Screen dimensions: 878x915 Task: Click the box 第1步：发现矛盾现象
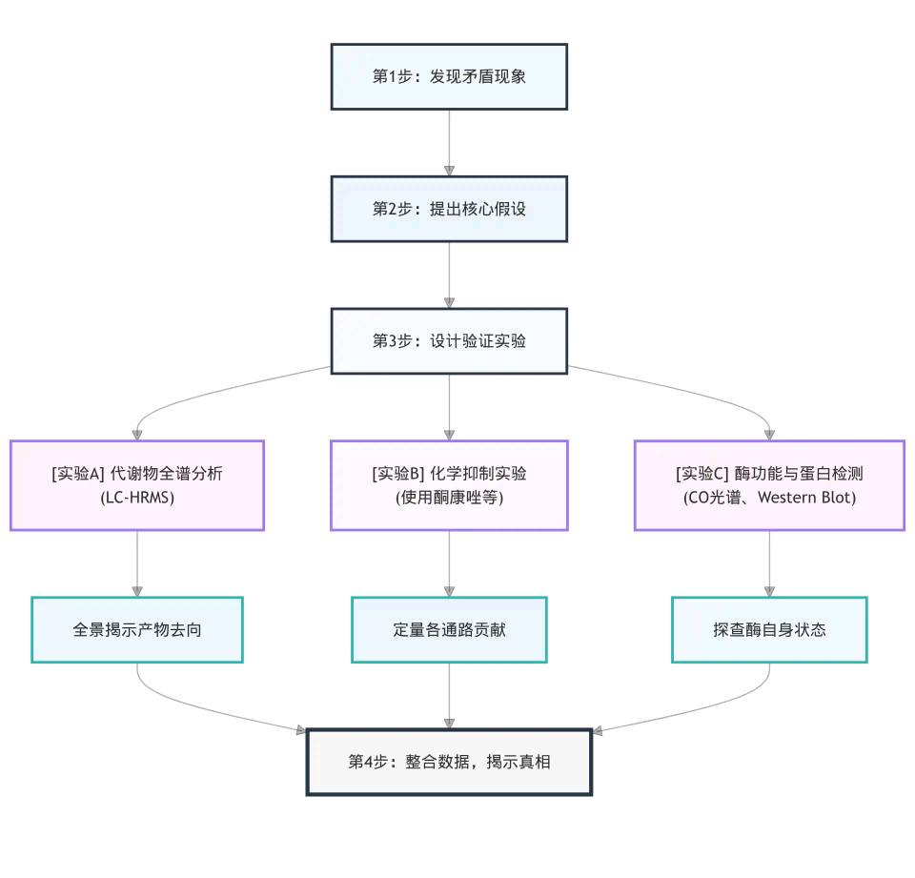click(x=449, y=76)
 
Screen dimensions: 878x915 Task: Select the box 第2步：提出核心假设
click(x=449, y=209)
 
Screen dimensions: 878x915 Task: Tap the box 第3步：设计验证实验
click(x=449, y=340)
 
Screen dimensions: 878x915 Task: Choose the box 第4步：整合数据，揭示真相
click(x=449, y=762)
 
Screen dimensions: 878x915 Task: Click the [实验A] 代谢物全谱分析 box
click(x=137, y=484)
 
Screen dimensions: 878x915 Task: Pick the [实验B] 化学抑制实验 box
click(x=449, y=484)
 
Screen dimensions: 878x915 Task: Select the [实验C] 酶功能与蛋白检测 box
click(x=769, y=484)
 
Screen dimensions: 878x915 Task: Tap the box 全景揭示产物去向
click(x=137, y=629)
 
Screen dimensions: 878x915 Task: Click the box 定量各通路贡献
click(x=449, y=629)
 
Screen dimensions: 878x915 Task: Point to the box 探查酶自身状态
click(x=769, y=629)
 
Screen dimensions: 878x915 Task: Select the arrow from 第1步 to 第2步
click(x=449, y=142)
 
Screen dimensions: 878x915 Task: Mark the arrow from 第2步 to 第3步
click(x=449, y=275)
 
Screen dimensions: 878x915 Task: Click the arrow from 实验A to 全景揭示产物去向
click(x=137, y=562)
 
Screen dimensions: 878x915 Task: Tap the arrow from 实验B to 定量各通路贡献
click(x=449, y=562)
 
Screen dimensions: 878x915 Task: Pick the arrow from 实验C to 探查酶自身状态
click(x=769, y=562)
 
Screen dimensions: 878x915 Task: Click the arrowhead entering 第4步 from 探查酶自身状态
click(x=598, y=731)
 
